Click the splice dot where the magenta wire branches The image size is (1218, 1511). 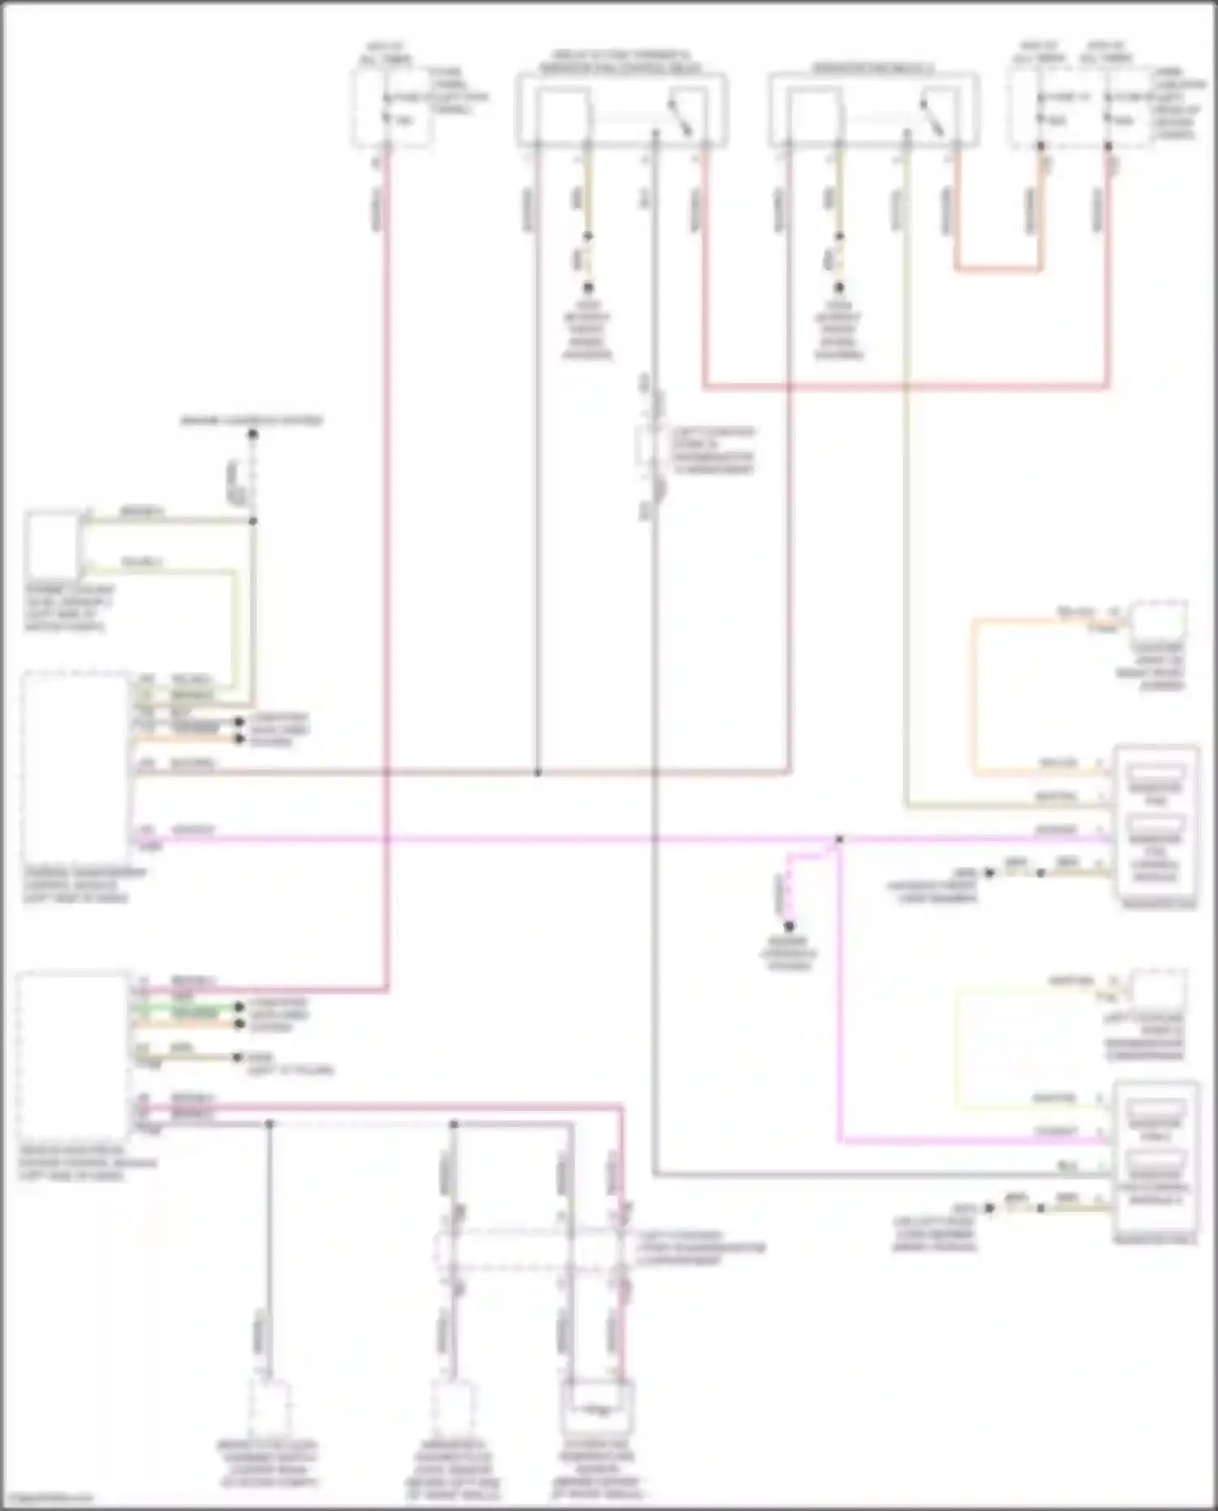pyautogui.click(x=839, y=839)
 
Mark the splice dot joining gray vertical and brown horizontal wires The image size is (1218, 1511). pyautogui.click(x=537, y=772)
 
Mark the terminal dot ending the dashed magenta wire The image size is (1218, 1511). pyautogui.click(x=788, y=926)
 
